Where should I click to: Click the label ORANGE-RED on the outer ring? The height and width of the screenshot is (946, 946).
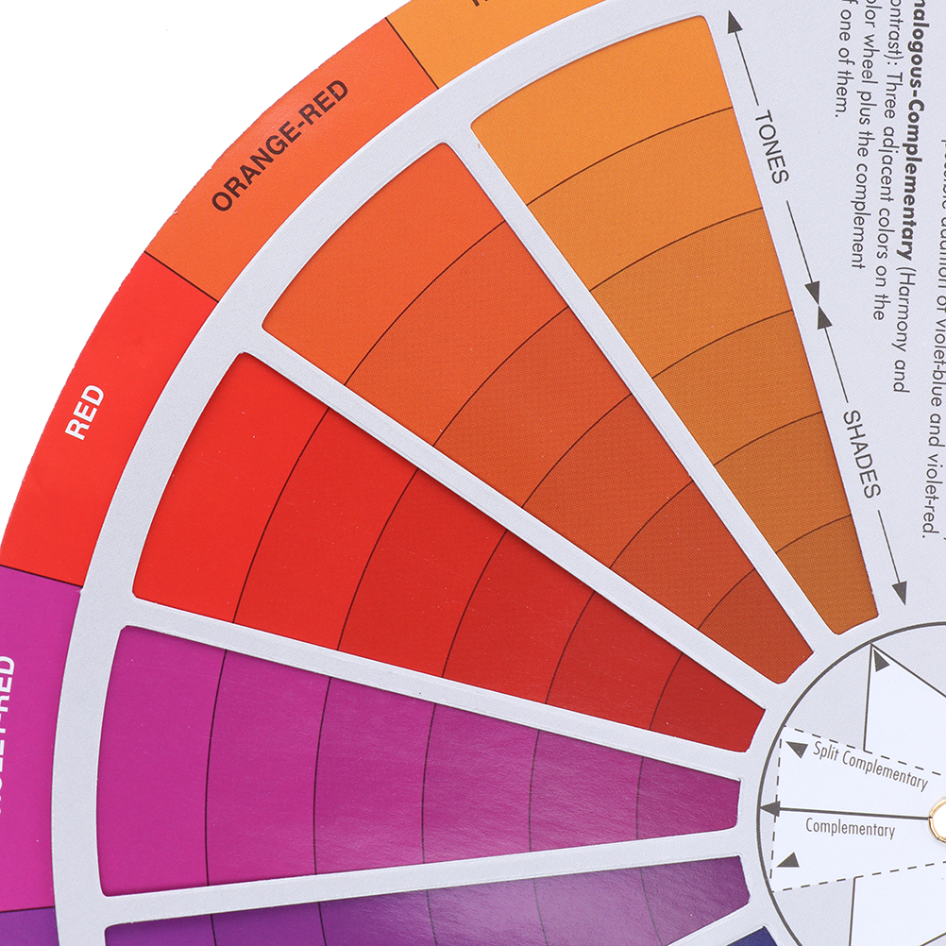279,145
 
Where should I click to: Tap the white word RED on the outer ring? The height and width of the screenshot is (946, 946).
85,412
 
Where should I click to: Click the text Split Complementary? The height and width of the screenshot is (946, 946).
870,765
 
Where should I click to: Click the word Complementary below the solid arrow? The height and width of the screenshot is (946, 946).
850,828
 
